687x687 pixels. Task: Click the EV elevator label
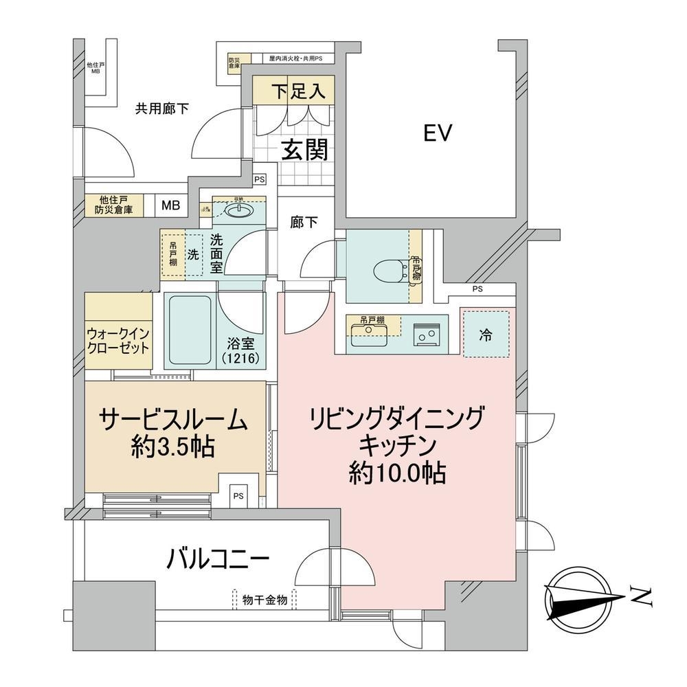point(436,133)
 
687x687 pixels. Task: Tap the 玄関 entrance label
point(303,149)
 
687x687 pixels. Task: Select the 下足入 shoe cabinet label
point(296,92)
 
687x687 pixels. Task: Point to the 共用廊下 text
point(161,108)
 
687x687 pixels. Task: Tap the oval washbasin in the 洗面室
point(239,212)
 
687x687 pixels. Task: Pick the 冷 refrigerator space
point(486,335)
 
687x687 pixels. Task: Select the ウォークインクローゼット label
point(118,340)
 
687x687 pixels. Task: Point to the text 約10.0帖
point(397,473)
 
